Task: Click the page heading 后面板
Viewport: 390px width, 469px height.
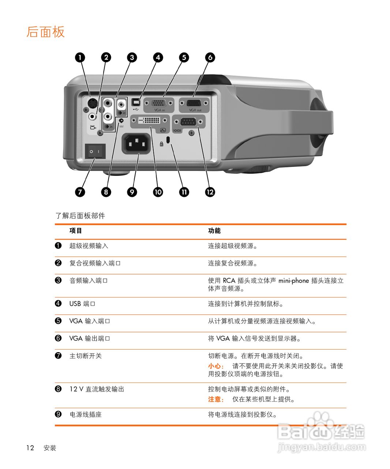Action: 45,32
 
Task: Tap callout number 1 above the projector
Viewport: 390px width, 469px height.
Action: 80,58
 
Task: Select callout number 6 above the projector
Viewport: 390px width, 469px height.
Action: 210,58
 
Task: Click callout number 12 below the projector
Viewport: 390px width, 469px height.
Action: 210,192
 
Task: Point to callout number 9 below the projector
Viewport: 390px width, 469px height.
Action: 132,192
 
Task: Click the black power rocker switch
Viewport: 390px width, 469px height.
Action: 95,151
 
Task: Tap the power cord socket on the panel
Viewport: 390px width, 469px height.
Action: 136,143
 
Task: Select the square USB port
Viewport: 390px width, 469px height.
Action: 136,101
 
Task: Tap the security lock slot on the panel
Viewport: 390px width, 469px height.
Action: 168,140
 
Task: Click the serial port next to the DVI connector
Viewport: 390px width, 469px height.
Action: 189,122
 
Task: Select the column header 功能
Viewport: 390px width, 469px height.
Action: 214,230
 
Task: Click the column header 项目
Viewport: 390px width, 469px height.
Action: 76,230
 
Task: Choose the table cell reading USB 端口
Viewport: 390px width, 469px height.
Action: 82,304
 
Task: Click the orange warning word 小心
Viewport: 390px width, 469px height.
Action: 215,366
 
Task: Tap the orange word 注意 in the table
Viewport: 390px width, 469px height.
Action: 215,399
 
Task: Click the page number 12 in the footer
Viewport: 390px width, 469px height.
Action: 30,448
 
